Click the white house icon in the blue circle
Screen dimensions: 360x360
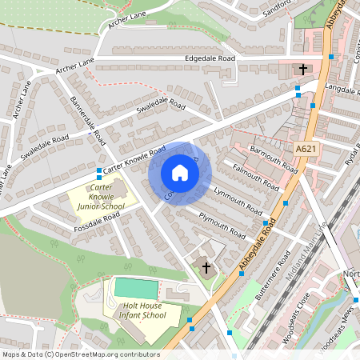click(180, 173)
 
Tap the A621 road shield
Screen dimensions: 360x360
click(305, 149)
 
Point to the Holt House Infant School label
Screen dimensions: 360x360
click(145, 310)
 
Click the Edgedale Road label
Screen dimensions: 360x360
click(210, 59)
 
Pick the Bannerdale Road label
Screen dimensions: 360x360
click(88, 121)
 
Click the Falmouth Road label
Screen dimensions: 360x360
click(254, 178)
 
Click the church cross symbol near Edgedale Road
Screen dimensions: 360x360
click(302, 70)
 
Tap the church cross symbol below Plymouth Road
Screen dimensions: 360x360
click(206, 266)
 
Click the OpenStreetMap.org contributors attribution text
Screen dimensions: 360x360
click(103, 354)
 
